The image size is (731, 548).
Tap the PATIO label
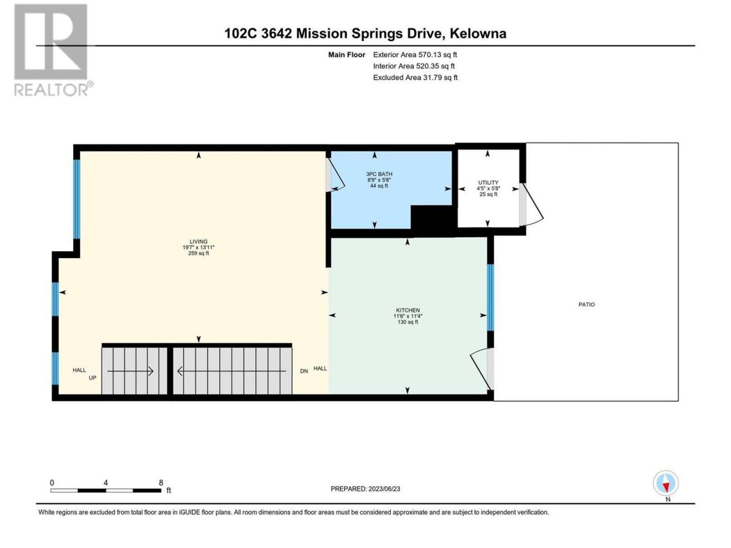point(587,304)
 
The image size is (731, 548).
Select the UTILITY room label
point(488,182)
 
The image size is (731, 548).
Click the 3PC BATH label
point(379,174)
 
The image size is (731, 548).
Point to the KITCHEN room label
point(408,310)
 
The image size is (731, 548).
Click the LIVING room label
point(199,241)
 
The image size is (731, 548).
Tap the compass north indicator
point(666,486)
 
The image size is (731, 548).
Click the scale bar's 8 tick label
point(161,482)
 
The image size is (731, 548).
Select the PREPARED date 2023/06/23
point(384,489)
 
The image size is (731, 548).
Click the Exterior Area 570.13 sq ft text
point(415,55)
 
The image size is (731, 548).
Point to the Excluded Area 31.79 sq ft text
point(415,78)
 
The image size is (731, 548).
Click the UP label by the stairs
point(93,378)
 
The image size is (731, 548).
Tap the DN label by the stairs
point(304,371)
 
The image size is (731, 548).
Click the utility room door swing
point(532,205)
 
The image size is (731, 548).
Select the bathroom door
point(335,175)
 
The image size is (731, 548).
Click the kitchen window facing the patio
point(490,297)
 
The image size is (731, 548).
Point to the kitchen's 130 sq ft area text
point(408,322)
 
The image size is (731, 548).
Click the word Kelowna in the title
point(478,34)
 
